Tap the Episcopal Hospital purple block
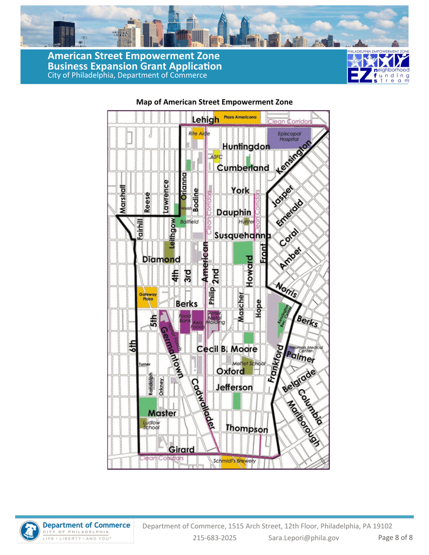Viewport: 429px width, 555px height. pos(289,137)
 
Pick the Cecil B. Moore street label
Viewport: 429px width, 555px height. pos(227,349)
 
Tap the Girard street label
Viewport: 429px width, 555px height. pos(181,450)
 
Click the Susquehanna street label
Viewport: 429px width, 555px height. pos(242,236)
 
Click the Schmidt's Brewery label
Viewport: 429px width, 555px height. pos(234,461)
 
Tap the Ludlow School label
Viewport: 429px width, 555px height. pos(149,425)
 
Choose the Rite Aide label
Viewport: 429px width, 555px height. pos(196,134)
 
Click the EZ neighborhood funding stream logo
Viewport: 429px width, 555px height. pos(378,68)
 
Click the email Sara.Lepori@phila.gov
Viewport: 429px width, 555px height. pos(303,538)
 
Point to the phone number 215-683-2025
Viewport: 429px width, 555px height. pos(214,538)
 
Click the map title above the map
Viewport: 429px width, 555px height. pos(214,103)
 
